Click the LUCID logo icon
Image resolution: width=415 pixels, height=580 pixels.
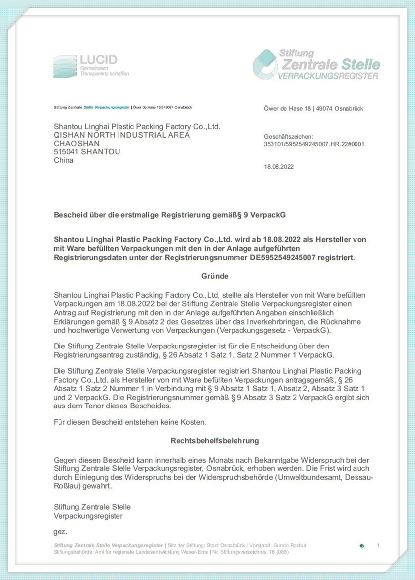(x=64, y=66)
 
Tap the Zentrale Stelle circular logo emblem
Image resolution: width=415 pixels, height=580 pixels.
(x=265, y=64)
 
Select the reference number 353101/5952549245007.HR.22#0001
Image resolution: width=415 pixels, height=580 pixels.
(x=314, y=144)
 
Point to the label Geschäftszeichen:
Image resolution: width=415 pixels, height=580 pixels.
(x=289, y=137)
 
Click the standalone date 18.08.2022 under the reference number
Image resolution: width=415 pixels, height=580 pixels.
(x=279, y=167)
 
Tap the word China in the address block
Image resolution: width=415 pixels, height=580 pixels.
(x=63, y=160)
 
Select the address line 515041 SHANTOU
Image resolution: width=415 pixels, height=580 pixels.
(x=86, y=152)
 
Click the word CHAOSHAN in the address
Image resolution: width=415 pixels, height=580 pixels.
(x=76, y=143)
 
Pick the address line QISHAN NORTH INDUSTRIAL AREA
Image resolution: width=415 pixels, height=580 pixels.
(x=121, y=135)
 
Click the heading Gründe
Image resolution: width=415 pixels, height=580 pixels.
(x=215, y=276)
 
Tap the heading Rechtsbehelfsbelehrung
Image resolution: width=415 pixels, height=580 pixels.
(x=215, y=440)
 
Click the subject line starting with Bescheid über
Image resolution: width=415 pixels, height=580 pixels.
(x=170, y=215)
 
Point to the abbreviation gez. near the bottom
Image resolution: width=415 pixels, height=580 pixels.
(x=60, y=532)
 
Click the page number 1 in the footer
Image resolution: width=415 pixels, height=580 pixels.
(x=378, y=546)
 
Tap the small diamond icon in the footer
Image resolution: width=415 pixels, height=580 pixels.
(x=362, y=546)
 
